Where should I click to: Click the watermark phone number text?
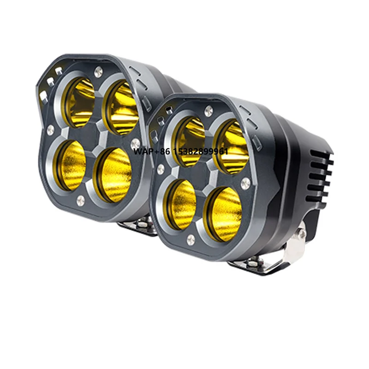(181, 151)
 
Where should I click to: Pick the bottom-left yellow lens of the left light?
(71, 165)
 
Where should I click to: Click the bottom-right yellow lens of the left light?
(113, 174)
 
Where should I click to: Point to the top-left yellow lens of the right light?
(189, 140)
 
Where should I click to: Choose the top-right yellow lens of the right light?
(229, 147)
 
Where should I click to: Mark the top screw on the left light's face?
(98, 72)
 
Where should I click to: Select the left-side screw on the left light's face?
(50, 131)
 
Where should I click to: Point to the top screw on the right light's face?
(209, 110)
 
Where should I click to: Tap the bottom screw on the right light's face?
(191, 239)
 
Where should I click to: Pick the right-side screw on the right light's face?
(246, 183)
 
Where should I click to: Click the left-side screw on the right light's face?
(161, 169)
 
